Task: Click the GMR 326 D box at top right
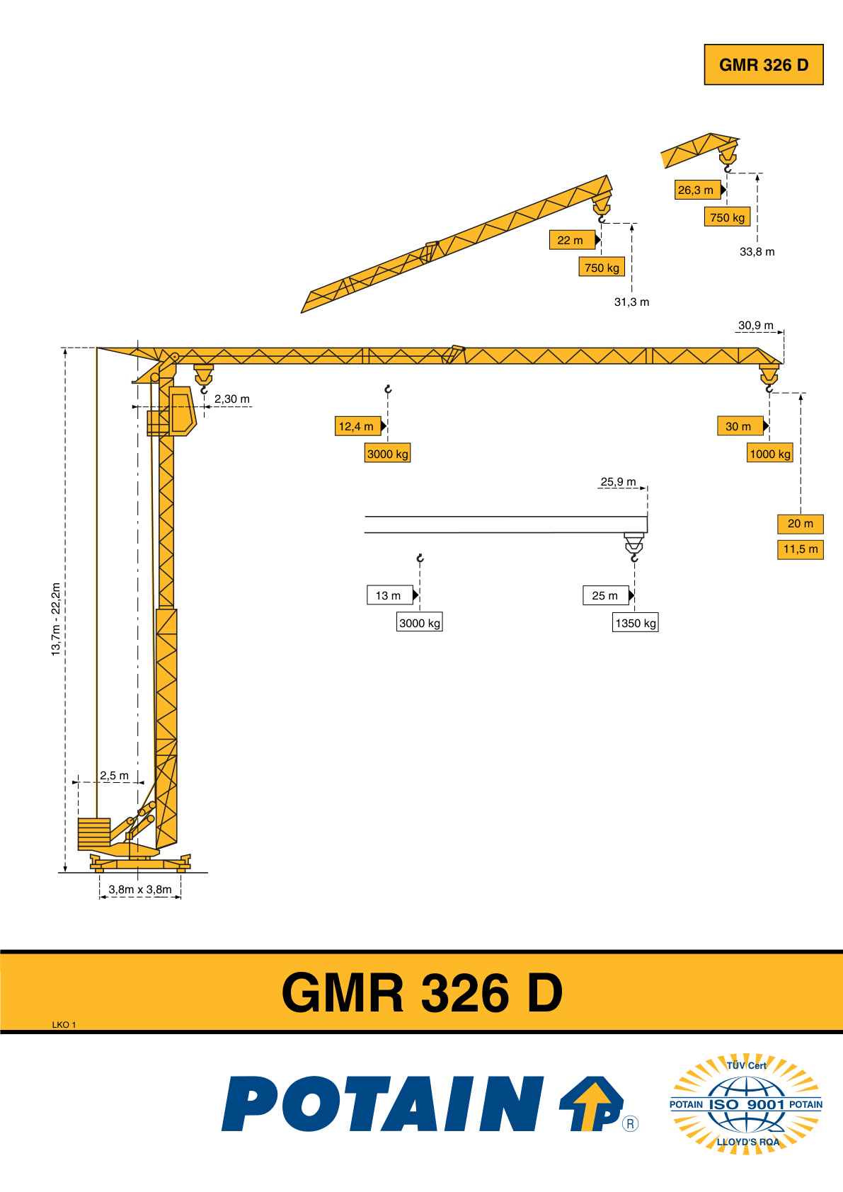(763, 65)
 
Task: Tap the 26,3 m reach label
(697, 190)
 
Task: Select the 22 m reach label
(571, 241)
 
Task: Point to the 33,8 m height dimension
(757, 252)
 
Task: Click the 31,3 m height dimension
(631, 302)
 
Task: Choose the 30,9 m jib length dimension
(756, 326)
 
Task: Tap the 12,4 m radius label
(357, 426)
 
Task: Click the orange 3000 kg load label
(388, 454)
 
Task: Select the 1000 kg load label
(770, 454)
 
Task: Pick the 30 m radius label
(740, 426)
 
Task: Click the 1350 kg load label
(636, 623)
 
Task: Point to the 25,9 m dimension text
(618, 482)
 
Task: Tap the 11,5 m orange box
(801, 549)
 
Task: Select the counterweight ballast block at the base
(94, 832)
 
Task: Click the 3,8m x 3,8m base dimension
(140, 890)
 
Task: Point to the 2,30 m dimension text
(231, 399)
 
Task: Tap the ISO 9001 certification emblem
(746, 1104)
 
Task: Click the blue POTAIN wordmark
(382, 1104)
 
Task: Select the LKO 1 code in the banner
(64, 1024)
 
